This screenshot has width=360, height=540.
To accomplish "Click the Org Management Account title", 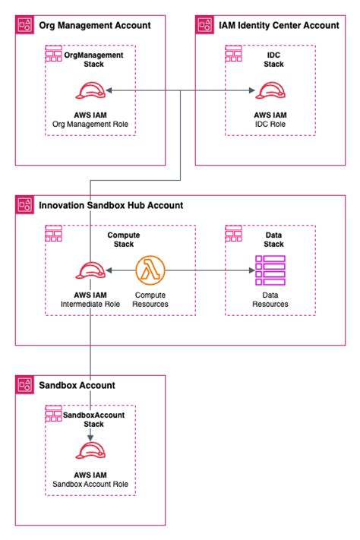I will (x=94, y=25).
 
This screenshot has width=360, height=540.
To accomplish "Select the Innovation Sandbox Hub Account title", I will (x=110, y=205).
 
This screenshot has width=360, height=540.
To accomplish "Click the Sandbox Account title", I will (x=77, y=385).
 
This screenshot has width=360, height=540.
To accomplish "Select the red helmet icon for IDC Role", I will (x=270, y=91).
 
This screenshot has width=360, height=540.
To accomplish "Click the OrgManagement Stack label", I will (x=93, y=60).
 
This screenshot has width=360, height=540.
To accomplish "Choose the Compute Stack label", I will (x=123, y=240).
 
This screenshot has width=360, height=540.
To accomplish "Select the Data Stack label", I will (x=273, y=240).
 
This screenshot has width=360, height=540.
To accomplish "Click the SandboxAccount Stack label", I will (x=93, y=419).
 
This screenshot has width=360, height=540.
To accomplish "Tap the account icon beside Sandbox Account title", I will (x=24, y=385).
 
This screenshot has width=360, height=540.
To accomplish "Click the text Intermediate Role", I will (x=90, y=305).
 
